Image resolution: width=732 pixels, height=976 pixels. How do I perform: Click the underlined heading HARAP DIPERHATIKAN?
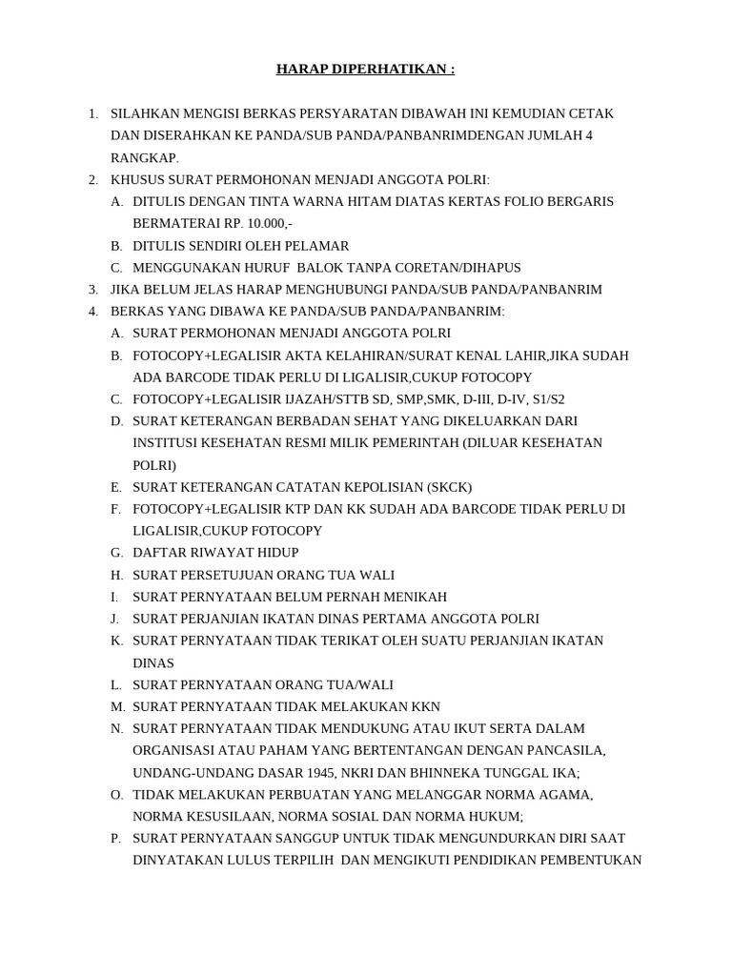[x=365, y=70]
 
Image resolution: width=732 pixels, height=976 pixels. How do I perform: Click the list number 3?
[x=92, y=290]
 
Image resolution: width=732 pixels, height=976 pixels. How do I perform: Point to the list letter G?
[x=116, y=553]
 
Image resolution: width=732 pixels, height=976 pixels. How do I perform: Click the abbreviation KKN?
[x=424, y=706]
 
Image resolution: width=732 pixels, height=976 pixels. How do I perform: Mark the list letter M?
[x=117, y=706]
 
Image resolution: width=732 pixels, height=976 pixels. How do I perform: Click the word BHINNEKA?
[x=454, y=773]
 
